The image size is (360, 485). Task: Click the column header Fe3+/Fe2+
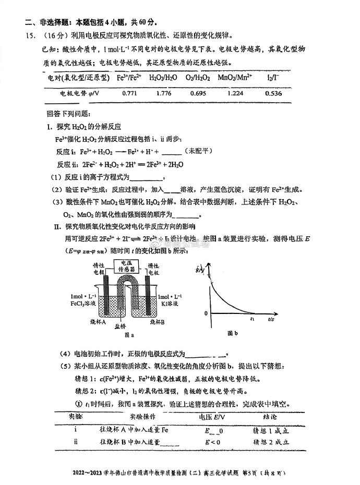click(128, 78)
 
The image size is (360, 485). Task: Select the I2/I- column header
click(273, 78)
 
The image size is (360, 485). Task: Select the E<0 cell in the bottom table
click(212, 441)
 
